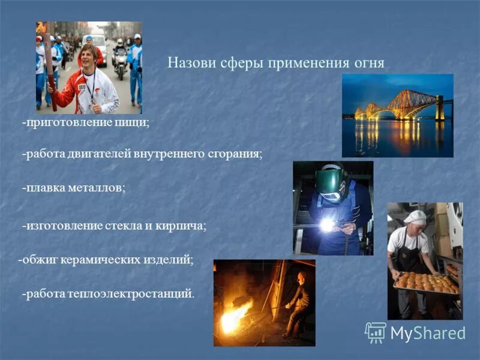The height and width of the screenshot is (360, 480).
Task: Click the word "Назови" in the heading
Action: click(x=187, y=64)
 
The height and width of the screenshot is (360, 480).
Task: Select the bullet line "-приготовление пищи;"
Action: click(x=86, y=122)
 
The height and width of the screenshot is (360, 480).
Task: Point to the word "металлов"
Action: click(x=98, y=188)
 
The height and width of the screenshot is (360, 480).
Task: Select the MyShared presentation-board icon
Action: click(x=375, y=332)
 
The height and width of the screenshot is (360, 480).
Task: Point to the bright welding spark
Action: click(x=327, y=224)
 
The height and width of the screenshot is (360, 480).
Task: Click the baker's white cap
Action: click(x=415, y=216)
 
